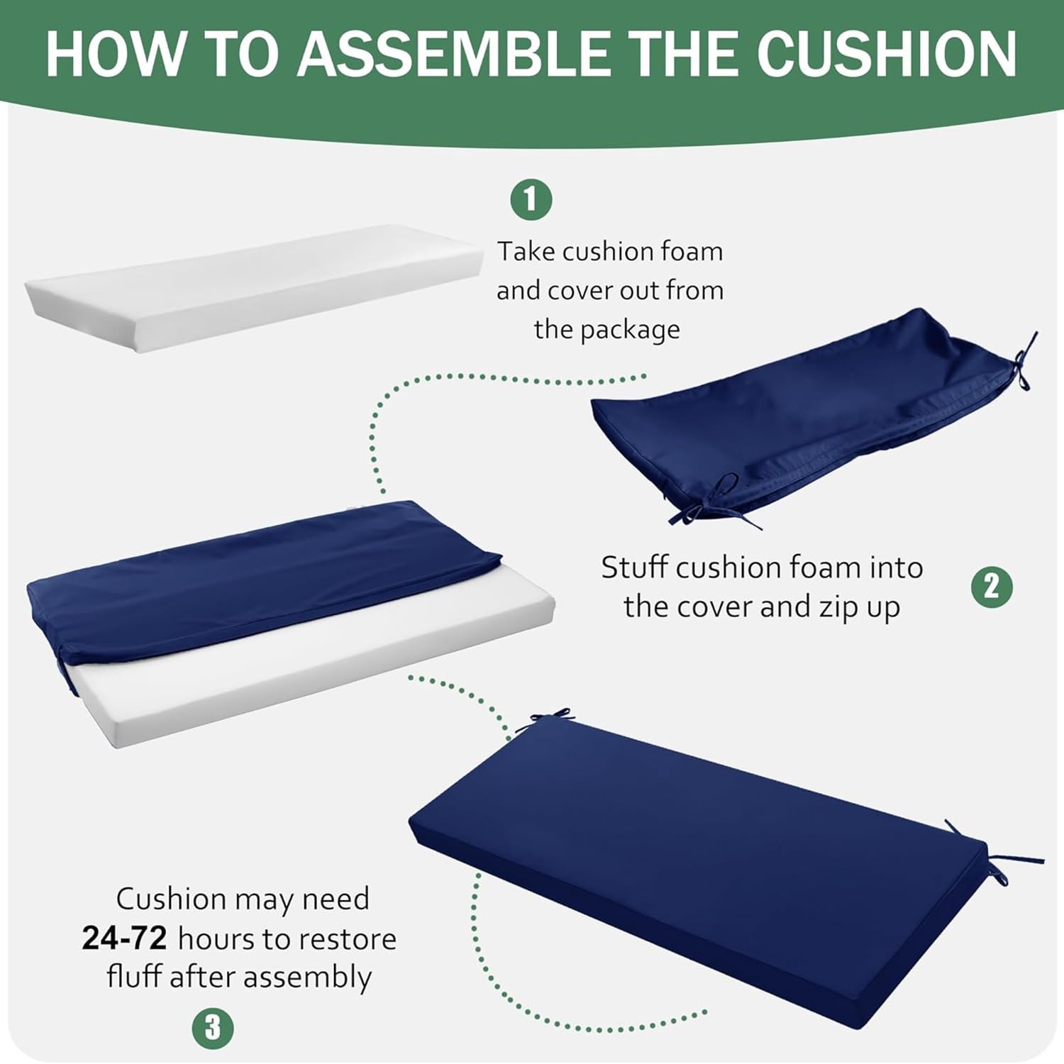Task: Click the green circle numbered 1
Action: click(531, 199)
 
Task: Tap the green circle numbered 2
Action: click(992, 587)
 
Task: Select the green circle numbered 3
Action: click(213, 1028)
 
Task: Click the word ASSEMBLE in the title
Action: click(454, 54)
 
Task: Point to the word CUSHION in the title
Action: click(887, 54)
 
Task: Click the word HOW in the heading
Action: click(113, 54)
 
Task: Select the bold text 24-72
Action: click(124, 938)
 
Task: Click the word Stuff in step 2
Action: click(634, 567)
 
